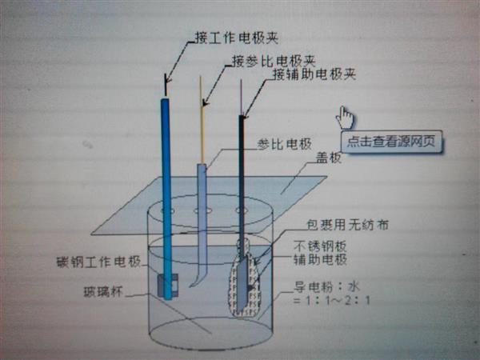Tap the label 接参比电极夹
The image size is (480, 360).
(272, 61)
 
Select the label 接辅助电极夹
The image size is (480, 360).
(314, 74)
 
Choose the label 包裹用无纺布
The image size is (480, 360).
(349, 226)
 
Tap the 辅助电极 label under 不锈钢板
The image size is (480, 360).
(325, 259)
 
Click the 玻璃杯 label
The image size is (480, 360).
(104, 291)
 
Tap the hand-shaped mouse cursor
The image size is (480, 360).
(345, 118)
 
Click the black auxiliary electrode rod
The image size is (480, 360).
(242, 176)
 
